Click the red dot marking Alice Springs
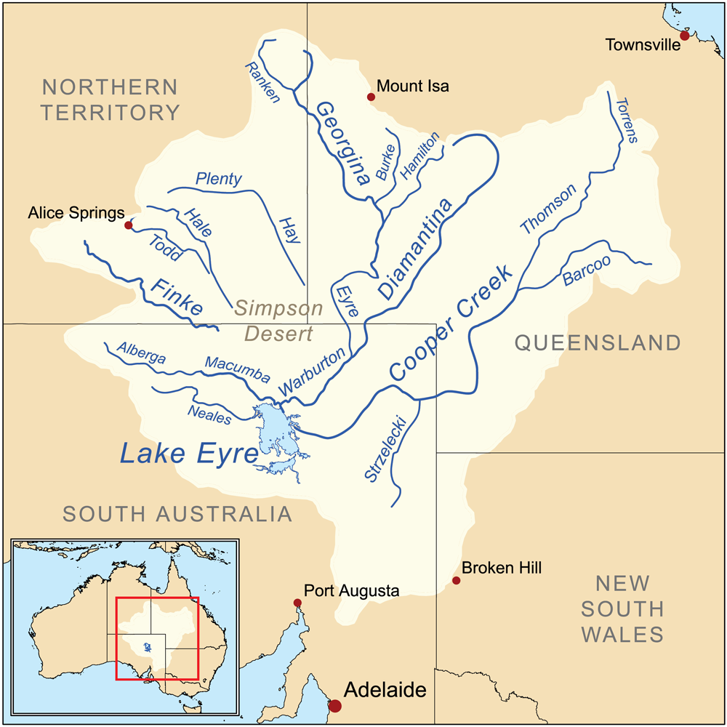tap(129, 225)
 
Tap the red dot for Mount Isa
tap(371, 97)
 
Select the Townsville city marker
tap(684, 36)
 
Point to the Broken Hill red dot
tap(456, 580)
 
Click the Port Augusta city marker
tap(297, 603)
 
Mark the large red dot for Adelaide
tap(334, 706)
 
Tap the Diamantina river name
tap(415, 248)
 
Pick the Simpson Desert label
tap(279, 321)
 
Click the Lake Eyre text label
tap(188, 454)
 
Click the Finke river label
tap(177, 297)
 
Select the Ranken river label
tap(262, 82)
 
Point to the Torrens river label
tap(626, 120)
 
